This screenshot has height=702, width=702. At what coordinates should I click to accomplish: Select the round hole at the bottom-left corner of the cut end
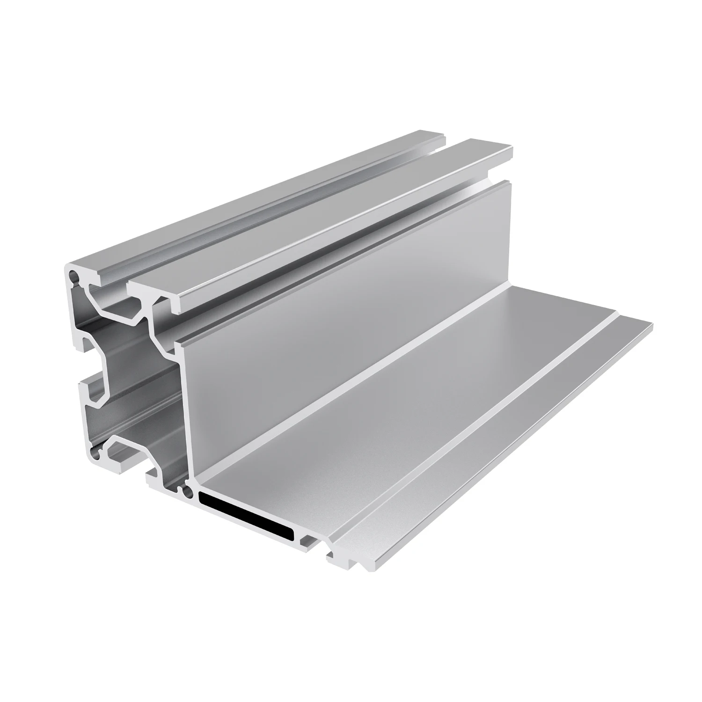click(x=96, y=453)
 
